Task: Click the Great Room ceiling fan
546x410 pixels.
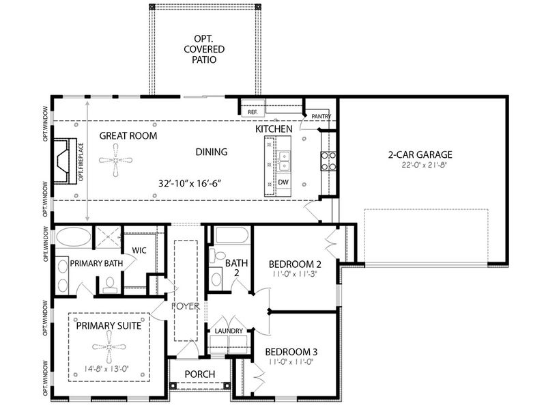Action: [115, 161]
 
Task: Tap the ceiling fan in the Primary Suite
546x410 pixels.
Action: [109, 347]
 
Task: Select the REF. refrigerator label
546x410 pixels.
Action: [253, 112]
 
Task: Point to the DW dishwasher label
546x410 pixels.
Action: [283, 182]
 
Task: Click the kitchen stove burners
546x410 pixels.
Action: [329, 161]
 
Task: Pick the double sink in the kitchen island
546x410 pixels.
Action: [284, 161]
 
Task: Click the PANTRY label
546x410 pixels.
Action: [321, 116]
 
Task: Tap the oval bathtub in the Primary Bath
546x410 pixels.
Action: [74, 237]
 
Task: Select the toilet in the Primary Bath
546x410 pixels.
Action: [111, 284]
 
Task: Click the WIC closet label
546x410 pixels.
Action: [139, 250]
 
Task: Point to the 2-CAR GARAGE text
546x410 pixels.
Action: [420, 154]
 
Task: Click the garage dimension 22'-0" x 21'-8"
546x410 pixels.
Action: [424, 165]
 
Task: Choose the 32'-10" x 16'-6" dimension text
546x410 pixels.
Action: [190, 183]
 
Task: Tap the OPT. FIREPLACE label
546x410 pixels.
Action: [81, 162]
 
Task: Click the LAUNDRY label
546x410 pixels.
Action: [229, 331]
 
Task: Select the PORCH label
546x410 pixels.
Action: [200, 374]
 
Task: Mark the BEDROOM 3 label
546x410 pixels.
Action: [291, 352]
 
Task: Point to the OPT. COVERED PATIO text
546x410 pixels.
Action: [204, 49]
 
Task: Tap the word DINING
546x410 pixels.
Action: [212, 152]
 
